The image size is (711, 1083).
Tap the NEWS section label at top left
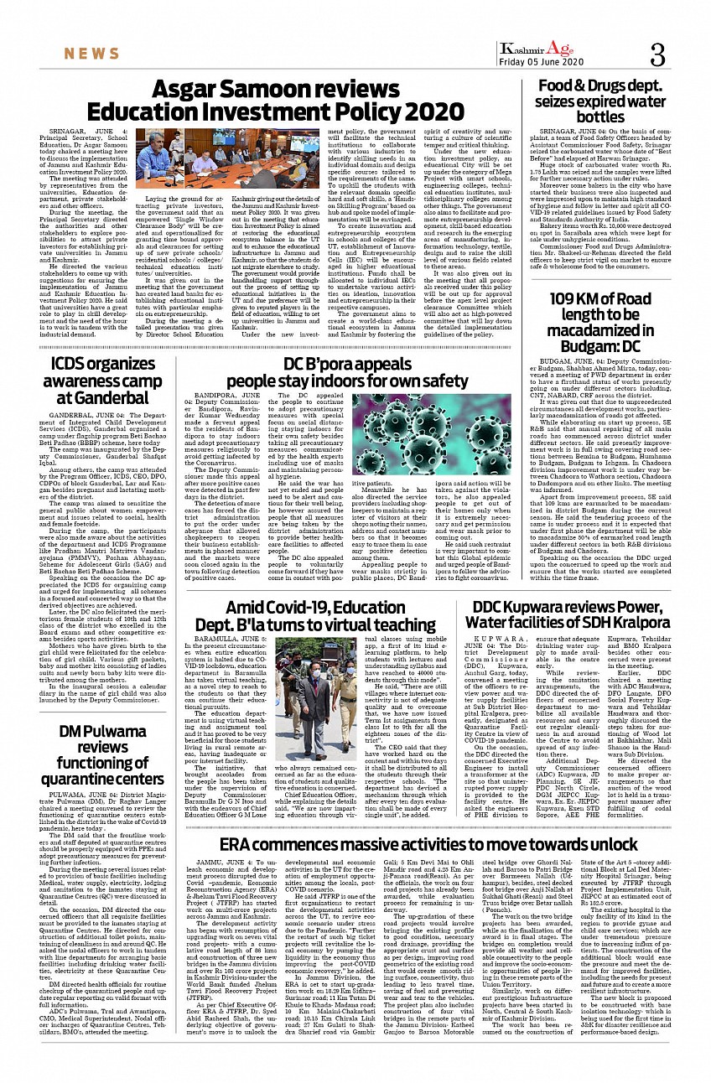coord(92,54)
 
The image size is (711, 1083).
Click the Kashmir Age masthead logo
coord(534,49)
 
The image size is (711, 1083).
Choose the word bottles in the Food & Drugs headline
coord(601,117)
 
